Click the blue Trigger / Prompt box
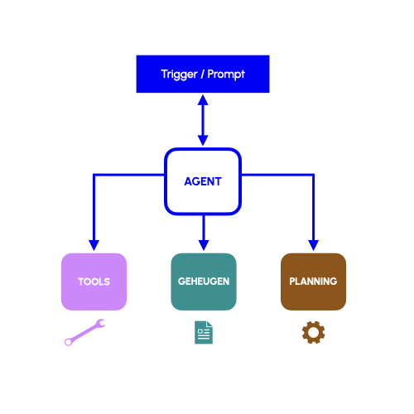point(203,74)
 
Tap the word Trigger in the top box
point(180,75)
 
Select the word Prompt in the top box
point(226,75)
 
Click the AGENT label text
point(203,181)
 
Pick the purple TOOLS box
point(94,282)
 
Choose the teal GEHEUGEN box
point(204,282)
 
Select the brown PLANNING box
point(313,282)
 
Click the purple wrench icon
point(85,332)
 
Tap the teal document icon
point(204,332)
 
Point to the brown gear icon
point(313,332)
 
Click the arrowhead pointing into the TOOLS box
point(94,245)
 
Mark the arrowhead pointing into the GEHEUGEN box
point(204,245)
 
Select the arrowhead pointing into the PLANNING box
point(313,245)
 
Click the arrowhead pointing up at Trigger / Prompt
point(203,100)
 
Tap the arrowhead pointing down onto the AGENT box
point(203,141)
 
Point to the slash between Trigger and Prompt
point(203,75)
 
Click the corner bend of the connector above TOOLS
point(94,175)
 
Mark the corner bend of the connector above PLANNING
point(313,175)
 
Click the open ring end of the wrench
point(68,342)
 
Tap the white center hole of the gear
point(313,332)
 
